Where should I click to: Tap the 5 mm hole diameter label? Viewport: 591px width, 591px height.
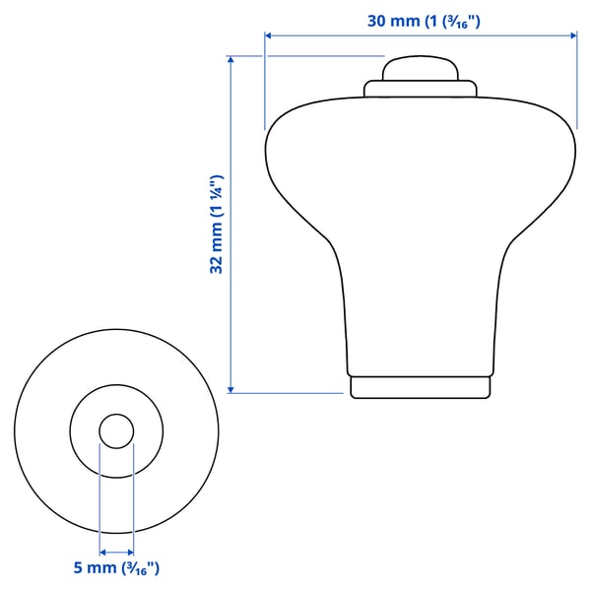[115, 567]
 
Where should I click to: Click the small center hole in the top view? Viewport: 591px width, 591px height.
[116, 430]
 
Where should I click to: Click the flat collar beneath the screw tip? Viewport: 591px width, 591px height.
[421, 89]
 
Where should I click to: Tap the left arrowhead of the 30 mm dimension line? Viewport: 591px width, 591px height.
[269, 36]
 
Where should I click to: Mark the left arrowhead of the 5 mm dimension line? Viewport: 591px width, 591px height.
[103, 553]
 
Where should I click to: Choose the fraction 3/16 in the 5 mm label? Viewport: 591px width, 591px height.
[137, 568]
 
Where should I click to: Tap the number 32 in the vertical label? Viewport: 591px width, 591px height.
[217, 261]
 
